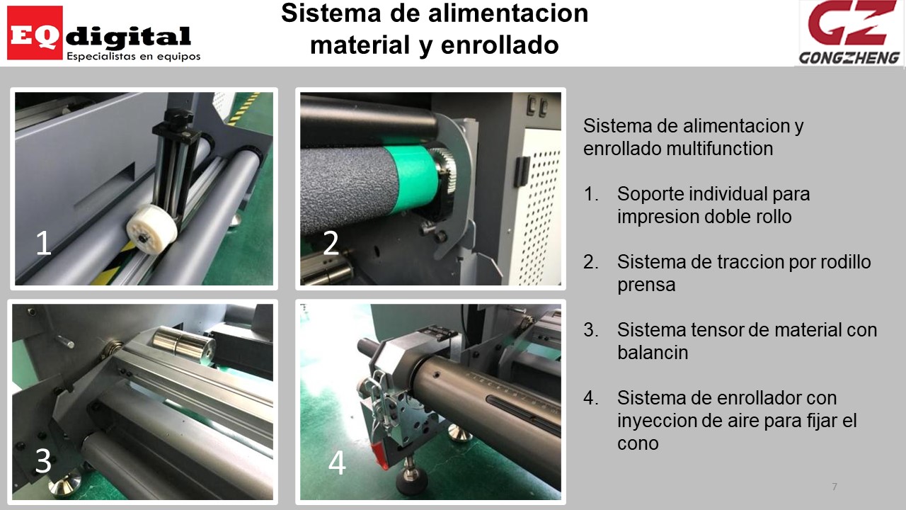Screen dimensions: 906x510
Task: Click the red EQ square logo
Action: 35,33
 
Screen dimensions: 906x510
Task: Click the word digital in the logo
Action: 128,37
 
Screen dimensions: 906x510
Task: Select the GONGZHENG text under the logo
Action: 849,58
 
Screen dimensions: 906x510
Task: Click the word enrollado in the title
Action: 500,45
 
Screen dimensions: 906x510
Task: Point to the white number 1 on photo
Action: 44,243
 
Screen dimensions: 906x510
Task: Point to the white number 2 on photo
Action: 331,243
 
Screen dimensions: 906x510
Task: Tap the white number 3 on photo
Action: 43,460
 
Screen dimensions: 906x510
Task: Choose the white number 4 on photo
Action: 337,463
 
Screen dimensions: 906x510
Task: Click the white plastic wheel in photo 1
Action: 152,229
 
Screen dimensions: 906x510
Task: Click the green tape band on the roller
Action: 411,178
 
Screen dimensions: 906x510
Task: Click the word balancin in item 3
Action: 653,352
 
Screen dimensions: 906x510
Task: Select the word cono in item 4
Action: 638,443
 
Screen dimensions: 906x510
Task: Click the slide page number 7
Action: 835,487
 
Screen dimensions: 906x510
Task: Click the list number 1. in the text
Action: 591,194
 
